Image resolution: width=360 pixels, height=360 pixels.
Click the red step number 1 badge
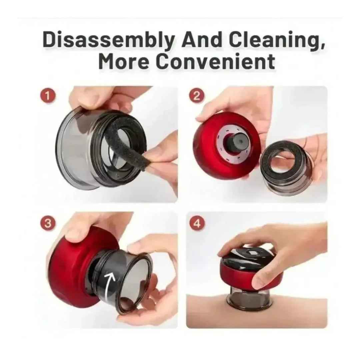[x=48, y=96]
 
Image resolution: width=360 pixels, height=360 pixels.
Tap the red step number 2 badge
[x=197, y=96]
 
